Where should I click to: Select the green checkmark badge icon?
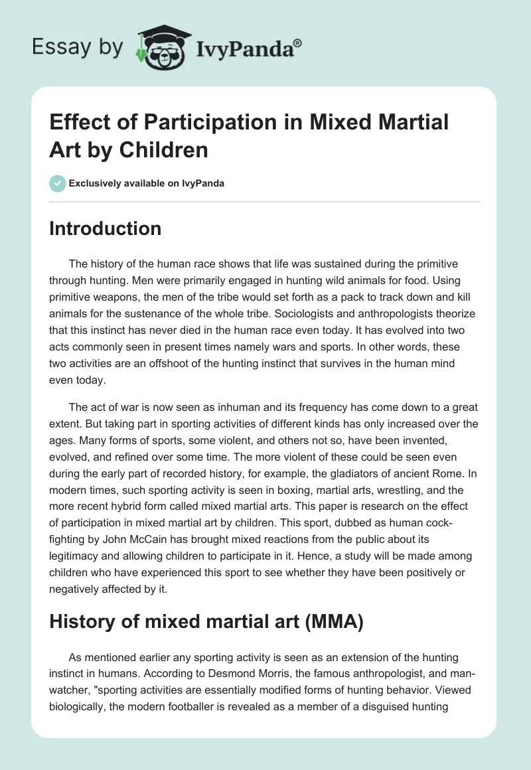pos(57,183)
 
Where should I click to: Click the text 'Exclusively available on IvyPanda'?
pos(147,184)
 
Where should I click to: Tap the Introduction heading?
pos(106,229)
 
